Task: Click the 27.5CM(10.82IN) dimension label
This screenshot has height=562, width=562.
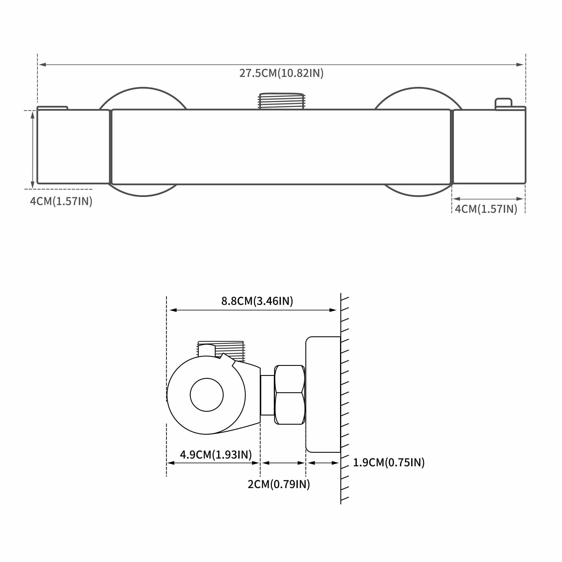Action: coord(281,73)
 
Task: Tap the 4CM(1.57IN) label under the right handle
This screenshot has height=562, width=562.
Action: coord(486,209)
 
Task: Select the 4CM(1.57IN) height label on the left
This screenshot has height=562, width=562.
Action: coord(61,201)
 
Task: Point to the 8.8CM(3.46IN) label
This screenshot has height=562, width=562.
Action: coord(257,301)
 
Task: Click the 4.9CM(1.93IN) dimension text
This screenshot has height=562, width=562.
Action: coord(216,455)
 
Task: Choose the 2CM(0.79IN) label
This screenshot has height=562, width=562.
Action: coord(279,484)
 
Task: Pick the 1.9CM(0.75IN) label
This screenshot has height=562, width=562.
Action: coord(389,463)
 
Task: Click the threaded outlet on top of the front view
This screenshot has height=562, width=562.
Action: coord(281,101)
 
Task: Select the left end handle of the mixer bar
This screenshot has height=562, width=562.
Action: coord(73,146)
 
